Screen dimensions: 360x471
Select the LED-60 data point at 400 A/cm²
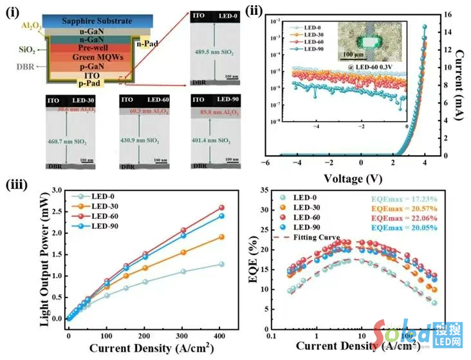pos(221,207)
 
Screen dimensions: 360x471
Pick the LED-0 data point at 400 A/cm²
pos(221,264)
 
